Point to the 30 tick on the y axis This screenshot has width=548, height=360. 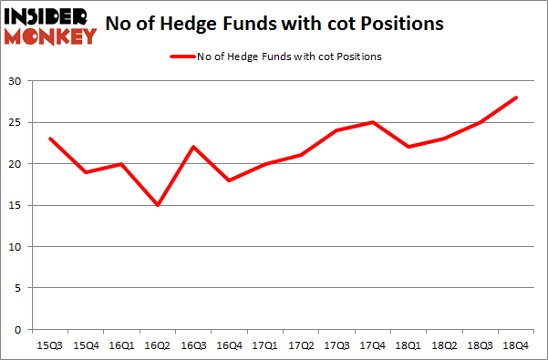[x=17, y=81]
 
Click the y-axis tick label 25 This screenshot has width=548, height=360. [x=17, y=123]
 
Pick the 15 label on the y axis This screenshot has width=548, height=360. [x=17, y=206]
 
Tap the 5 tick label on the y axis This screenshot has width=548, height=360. [x=20, y=289]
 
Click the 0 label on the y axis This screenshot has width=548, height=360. [x=20, y=330]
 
